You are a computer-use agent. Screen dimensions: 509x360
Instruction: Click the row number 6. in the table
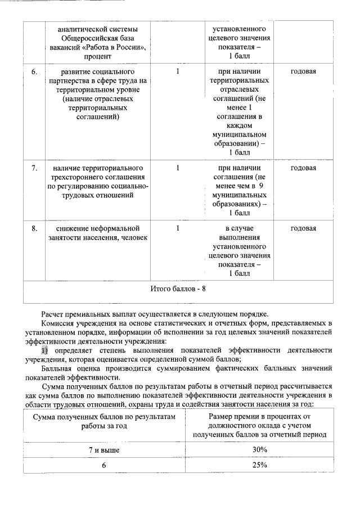click(34, 72)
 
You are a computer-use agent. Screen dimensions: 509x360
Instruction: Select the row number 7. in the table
click(34, 168)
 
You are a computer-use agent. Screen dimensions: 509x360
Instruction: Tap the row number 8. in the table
click(34, 228)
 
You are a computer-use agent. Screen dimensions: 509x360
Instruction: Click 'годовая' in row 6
click(303, 72)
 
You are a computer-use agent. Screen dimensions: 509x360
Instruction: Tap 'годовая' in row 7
click(303, 168)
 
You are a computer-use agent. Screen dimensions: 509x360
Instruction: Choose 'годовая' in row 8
click(303, 228)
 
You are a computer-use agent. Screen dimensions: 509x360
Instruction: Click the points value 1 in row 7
click(178, 168)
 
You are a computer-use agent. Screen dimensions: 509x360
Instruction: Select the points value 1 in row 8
click(178, 228)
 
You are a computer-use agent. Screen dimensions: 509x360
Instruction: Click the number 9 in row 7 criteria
click(262, 186)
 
